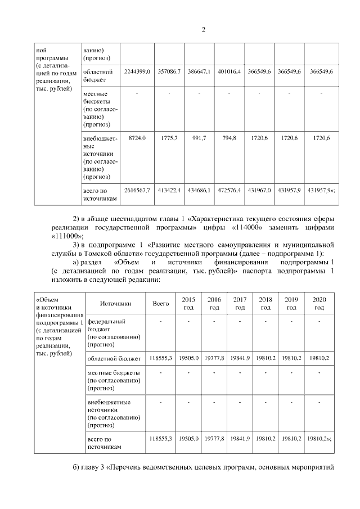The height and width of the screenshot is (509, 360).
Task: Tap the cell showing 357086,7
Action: (169, 73)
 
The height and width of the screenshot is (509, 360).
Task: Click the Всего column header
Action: (161, 304)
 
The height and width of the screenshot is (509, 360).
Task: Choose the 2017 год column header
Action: (240, 304)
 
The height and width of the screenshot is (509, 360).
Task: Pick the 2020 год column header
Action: (319, 304)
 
